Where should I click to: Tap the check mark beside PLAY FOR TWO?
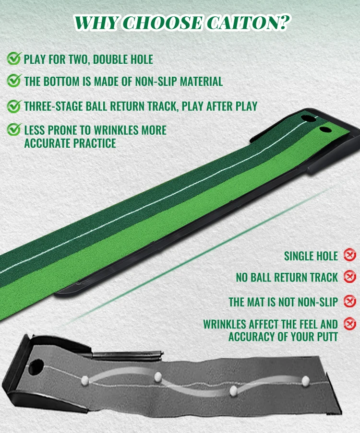tap(14, 59)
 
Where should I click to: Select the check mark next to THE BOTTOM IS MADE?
tap(14, 81)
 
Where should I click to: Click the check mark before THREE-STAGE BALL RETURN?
tap(14, 106)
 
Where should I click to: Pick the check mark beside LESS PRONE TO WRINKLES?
tap(14, 129)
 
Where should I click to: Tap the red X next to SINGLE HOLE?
tap(350, 255)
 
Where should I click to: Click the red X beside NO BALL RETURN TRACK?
tap(350, 276)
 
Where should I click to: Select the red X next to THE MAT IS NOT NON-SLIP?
tap(350, 301)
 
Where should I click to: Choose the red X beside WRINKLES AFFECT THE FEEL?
tap(350, 324)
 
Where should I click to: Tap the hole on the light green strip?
tap(325, 129)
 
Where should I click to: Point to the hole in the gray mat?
tap(36, 367)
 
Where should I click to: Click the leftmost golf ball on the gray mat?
tap(85, 381)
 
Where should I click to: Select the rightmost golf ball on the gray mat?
tap(306, 381)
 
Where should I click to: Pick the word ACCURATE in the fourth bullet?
tap(48, 143)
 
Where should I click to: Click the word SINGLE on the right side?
tap(300, 256)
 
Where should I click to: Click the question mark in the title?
tap(284, 22)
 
